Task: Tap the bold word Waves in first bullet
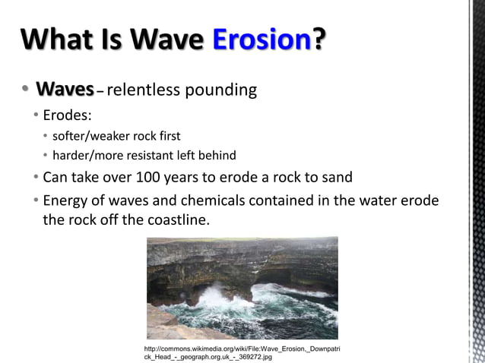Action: pos(65,90)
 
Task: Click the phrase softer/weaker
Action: pos(89,137)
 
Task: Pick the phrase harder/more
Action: pos(86,156)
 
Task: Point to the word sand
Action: pos(337,179)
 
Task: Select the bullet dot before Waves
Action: pos(24,90)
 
